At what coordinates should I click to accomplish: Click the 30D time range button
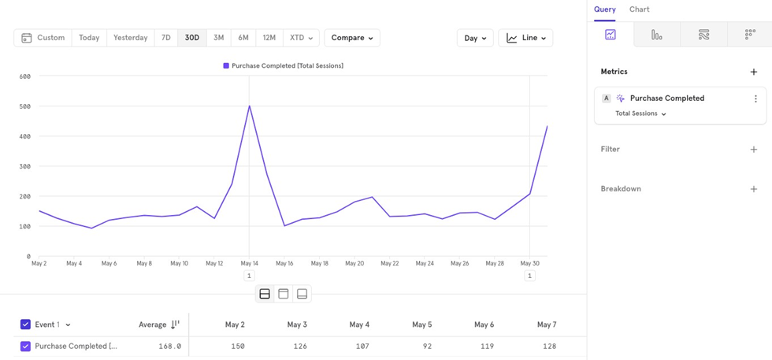[x=191, y=38]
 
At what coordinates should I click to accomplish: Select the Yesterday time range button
[x=130, y=38]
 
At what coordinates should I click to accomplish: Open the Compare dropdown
[x=351, y=38]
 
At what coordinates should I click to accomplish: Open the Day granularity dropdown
[x=475, y=38]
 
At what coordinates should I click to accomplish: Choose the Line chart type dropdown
[x=525, y=38]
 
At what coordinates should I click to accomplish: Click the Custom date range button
[x=43, y=38]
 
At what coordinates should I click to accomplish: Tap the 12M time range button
[x=269, y=38]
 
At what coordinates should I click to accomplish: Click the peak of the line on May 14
[x=250, y=106]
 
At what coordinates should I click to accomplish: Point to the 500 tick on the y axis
[x=24, y=106]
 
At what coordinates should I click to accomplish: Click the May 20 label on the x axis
[x=354, y=263]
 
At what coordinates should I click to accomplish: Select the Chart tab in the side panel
[x=639, y=9]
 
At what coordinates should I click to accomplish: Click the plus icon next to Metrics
[x=753, y=72]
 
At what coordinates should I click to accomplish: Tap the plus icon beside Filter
[x=753, y=149]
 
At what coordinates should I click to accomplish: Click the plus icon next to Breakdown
[x=753, y=189]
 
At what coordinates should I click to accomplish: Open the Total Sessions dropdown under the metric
[x=640, y=113]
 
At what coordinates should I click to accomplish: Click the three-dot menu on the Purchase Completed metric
[x=755, y=99]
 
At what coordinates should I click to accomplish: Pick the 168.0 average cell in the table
[x=169, y=346]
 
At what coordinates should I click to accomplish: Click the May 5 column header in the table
[x=421, y=325]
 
